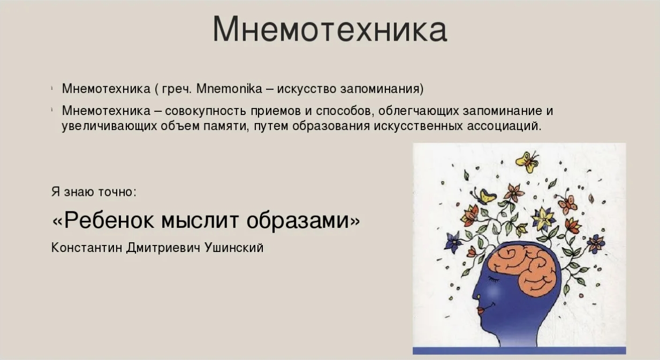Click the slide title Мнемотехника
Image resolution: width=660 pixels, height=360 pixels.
point(330,29)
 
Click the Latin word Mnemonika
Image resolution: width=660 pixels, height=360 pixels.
point(229,89)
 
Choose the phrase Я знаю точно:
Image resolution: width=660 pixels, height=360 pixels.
point(94,192)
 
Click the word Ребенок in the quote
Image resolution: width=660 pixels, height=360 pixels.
point(109,220)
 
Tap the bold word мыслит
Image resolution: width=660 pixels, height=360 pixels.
point(200,220)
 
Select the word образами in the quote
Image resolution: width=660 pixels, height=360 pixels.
point(298,221)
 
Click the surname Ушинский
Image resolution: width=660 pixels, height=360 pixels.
point(234,248)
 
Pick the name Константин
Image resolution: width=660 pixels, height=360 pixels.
point(87,248)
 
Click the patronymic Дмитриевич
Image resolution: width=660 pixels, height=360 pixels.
point(163,248)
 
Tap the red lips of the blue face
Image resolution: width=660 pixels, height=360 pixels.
point(481,311)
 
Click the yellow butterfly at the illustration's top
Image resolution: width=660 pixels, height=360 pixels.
point(527,162)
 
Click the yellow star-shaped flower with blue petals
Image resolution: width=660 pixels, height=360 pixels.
point(543,219)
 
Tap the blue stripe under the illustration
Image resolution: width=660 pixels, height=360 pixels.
point(519,350)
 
